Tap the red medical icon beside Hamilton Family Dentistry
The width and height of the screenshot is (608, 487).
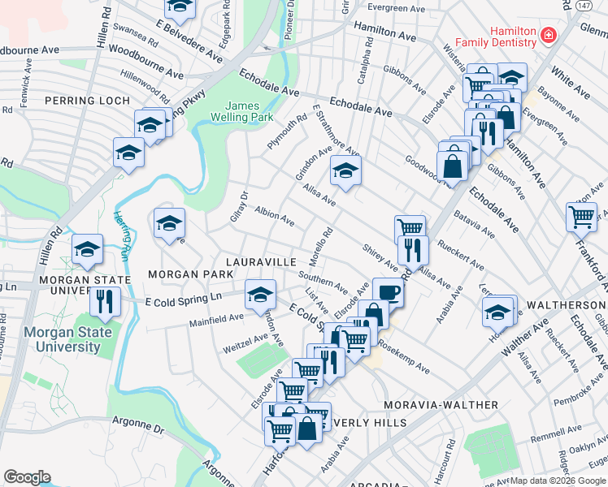tap(549, 36)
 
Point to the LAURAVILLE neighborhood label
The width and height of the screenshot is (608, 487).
tap(260, 262)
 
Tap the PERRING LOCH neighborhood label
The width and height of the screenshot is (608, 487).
tap(87, 101)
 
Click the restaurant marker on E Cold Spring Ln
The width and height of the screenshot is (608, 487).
tap(106, 301)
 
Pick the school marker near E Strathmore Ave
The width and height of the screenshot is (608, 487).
tap(345, 171)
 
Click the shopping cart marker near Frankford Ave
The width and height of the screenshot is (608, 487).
tap(581, 216)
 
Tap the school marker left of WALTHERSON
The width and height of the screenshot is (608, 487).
tap(498, 310)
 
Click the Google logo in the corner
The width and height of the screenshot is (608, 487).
tap(27, 477)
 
